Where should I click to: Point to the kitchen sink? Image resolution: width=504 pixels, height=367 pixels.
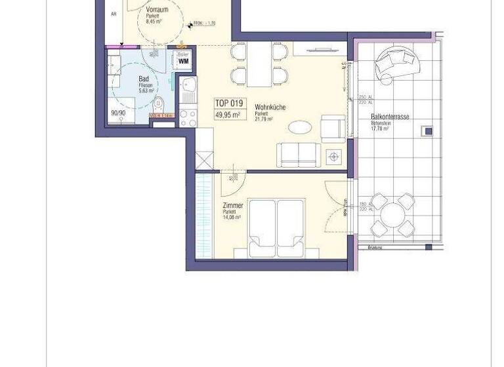(188, 85)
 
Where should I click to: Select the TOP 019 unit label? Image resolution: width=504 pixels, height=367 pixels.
(228, 103)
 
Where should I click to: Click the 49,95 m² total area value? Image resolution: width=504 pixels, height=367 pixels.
(228, 115)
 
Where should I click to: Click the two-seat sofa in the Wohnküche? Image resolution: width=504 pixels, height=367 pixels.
(299, 154)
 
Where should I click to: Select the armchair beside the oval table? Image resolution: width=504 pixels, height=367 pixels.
(333, 128)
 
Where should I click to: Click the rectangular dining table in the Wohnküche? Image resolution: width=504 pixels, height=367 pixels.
(259, 64)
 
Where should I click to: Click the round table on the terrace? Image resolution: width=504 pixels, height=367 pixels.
(392, 214)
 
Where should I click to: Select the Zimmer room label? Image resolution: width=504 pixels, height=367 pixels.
(232, 206)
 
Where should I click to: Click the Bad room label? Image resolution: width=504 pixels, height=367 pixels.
(144, 79)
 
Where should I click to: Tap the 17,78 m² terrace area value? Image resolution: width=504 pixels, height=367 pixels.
(380, 129)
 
